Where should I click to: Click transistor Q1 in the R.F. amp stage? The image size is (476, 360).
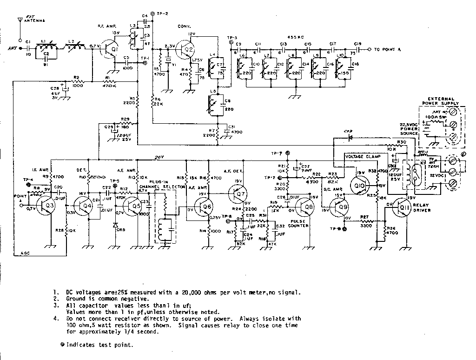click(113, 50)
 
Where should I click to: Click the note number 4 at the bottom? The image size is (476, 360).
click(55, 319)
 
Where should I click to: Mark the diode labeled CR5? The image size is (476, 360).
click(115, 225)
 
